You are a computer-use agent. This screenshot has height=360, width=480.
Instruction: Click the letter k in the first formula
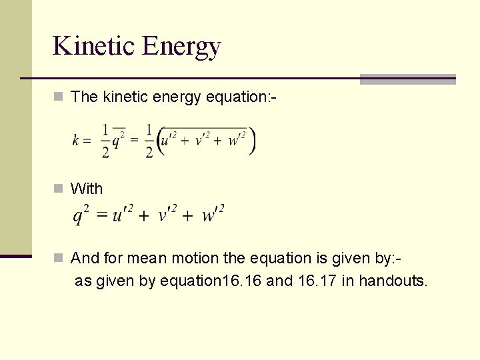pos(77,141)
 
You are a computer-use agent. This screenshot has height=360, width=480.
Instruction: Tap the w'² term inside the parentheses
pos(236,141)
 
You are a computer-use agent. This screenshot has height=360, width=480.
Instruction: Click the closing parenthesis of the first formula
pos(251,141)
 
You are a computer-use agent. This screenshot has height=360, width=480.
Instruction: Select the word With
pos(87,189)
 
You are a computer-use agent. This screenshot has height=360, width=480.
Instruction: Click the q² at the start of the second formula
pos(81,215)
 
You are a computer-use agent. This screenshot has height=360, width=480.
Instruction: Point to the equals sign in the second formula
pos(102,215)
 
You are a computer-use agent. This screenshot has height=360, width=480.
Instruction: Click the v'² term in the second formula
pos(167,215)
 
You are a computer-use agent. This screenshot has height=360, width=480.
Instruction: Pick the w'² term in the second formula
pos(213,215)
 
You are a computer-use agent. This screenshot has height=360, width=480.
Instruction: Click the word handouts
pos(393,281)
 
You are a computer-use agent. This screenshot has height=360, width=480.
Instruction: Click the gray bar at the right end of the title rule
pos(407,79)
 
